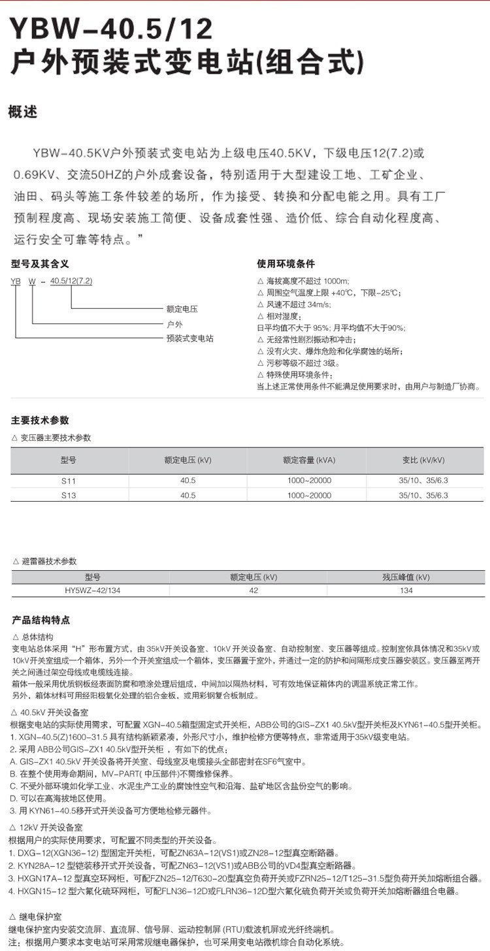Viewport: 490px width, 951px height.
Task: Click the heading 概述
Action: pyautogui.click(x=24, y=112)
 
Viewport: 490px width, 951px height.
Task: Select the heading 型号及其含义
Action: pyautogui.click(x=40, y=264)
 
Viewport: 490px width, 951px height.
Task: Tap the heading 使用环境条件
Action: pyautogui.click(x=286, y=264)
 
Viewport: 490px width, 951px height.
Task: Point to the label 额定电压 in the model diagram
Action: pyautogui.click(x=182, y=308)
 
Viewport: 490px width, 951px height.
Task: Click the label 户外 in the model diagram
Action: pyautogui.click(x=175, y=323)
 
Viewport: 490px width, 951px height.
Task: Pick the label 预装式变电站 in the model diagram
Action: pyautogui.click(x=190, y=338)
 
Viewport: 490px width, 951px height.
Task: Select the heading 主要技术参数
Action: pyautogui.click(x=40, y=420)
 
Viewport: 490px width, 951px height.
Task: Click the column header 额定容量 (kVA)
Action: pyautogui.click(x=309, y=460)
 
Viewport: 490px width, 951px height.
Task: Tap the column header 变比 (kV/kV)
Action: pyautogui.click(x=423, y=460)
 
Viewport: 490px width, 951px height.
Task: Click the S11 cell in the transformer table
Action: pyautogui.click(x=69, y=480)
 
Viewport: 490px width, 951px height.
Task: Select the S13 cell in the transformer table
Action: pyautogui.click(x=69, y=495)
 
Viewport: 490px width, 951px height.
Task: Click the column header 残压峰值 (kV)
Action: pyautogui.click(x=406, y=577)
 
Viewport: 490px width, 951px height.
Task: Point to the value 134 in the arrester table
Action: pyautogui.click(x=406, y=590)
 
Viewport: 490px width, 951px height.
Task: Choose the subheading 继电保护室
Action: pyautogui.click(x=42, y=916)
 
